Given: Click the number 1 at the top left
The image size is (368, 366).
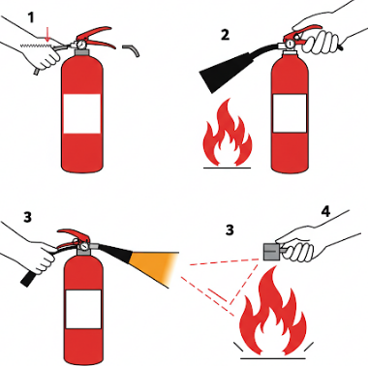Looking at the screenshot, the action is [x=31, y=17].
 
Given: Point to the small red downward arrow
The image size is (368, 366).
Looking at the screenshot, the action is [x=47, y=35].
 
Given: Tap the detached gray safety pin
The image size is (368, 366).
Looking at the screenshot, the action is [x=132, y=50].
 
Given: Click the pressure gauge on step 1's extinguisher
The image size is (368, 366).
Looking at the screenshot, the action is [x=80, y=44].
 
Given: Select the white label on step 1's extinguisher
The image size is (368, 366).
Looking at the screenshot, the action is [x=82, y=113].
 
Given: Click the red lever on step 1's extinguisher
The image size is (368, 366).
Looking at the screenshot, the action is [x=96, y=37].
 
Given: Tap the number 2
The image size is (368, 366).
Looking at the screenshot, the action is [x=225, y=35].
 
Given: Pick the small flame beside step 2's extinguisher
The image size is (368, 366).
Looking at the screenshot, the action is [x=227, y=135].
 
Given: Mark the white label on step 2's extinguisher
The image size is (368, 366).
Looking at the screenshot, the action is [x=290, y=113].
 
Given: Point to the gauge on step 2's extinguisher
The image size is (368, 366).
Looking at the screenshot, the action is [x=291, y=43].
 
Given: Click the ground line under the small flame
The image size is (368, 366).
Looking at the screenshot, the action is [x=227, y=168].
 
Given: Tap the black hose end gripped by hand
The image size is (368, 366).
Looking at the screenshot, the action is [x=28, y=279].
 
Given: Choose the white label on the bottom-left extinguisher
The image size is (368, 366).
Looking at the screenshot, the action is [x=84, y=309].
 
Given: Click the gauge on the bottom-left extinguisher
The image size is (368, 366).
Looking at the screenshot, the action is [x=84, y=246].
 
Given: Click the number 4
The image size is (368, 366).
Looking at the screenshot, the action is [x=325, y=211].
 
